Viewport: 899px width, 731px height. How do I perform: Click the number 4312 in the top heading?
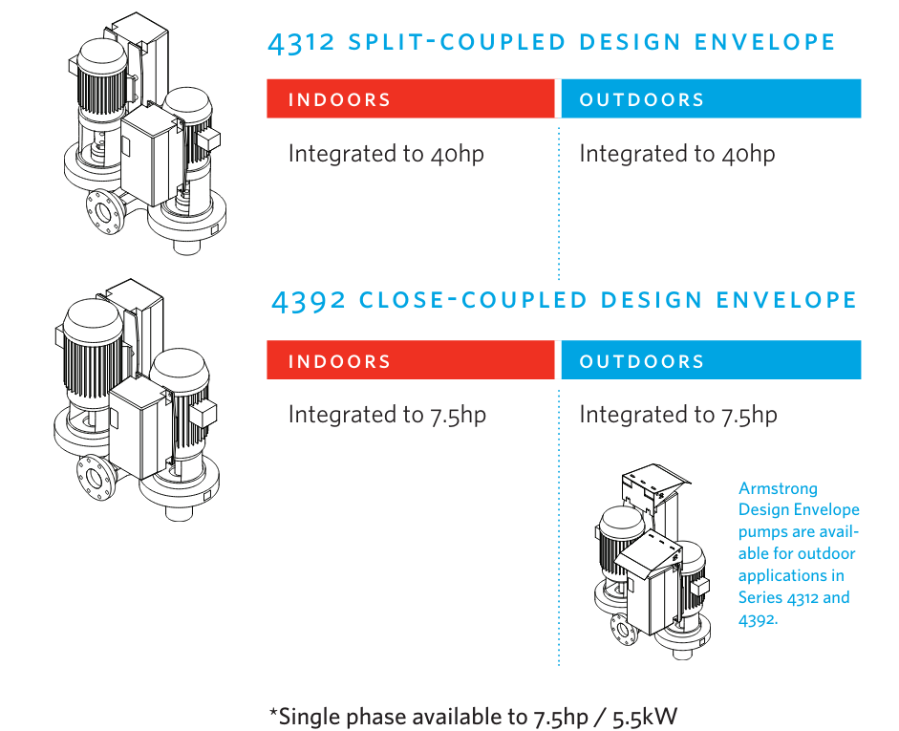click(x=301, y=43)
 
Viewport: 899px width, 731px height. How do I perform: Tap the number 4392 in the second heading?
click(x=308, y=301)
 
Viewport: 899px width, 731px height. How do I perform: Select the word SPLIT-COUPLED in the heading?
click(x=454, y=43)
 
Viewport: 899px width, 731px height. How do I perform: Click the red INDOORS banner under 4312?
click(x=411, y=99)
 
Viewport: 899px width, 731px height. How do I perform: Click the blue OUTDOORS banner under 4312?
click(x=711, y=99)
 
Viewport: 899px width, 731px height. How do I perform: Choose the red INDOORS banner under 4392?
click(x=411, y=361)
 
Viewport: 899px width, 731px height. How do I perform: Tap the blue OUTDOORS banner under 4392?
click(x=711, y=361)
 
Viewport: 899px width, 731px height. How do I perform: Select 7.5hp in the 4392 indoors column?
click(x=458, y=415)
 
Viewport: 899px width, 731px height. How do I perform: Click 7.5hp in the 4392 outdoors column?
click(x=749, y=415)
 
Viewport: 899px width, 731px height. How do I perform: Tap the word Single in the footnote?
click(x=310, y=717)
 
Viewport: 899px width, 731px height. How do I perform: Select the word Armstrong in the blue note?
click(x=778, y=488)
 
